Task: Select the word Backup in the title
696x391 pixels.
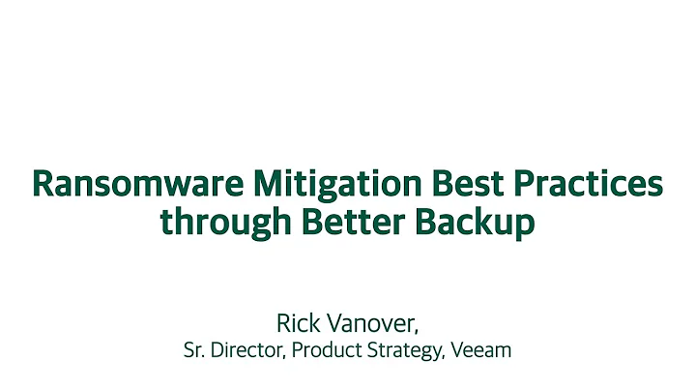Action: coord(477,223)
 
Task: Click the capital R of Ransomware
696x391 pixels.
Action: coord(42,184)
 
